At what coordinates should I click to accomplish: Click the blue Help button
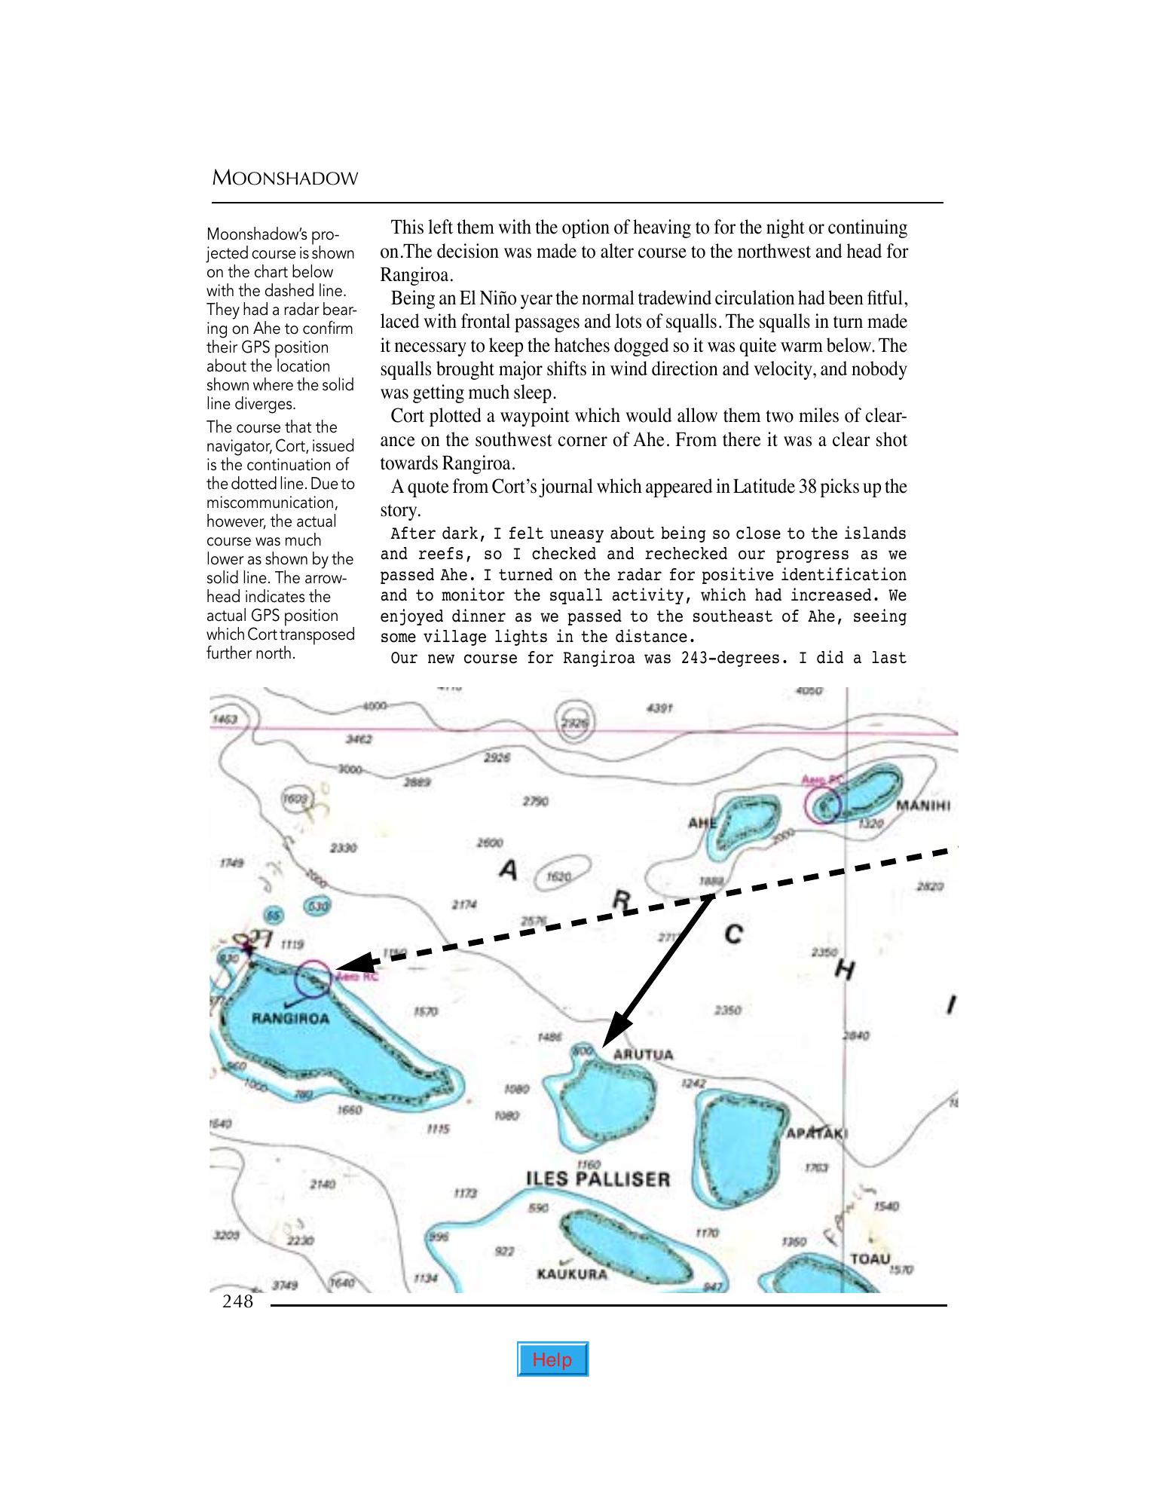pos(552,1359)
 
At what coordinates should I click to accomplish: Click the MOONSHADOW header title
pos(285,179)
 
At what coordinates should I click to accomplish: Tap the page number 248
pos(237,1301)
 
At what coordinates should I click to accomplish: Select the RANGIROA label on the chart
pos(290,1019)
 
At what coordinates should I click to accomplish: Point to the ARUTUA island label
pos(643,1054)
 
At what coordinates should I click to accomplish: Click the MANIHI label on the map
pos(922,806)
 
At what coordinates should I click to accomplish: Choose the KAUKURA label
pos(572,1274)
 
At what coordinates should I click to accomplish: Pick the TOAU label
pos(870,1259)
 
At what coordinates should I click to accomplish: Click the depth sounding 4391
pos(659,708)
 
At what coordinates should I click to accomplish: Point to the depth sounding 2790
pos(535,801)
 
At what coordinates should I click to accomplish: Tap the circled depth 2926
pos(575,723)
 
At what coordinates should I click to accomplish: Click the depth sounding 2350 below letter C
pos(726,1010)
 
